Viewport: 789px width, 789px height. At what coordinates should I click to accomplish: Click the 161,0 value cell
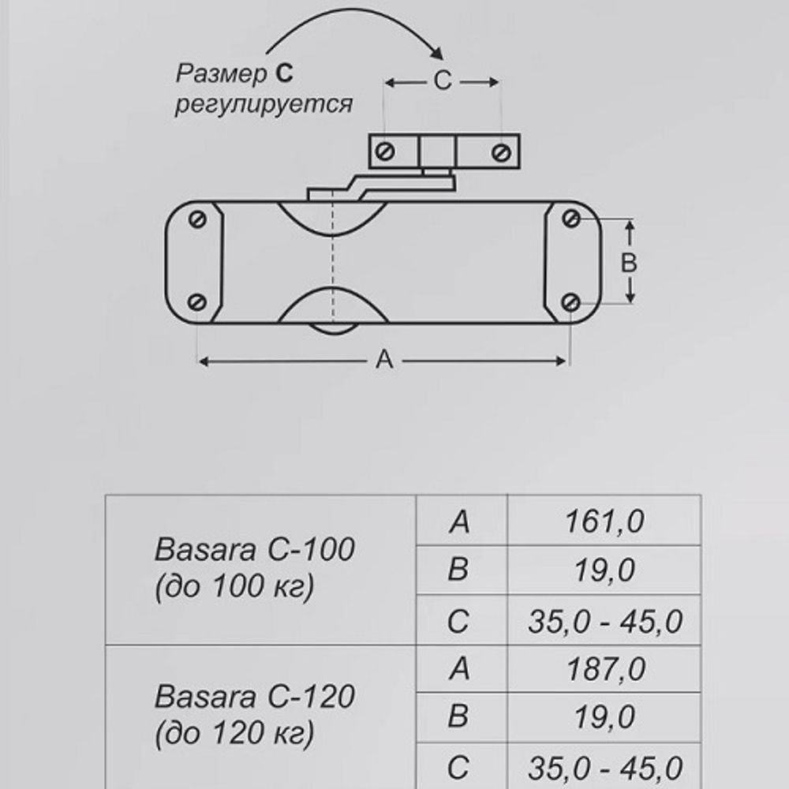[x=604, y=522]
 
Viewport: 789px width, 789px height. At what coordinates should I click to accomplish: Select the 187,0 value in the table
[x=604, y=670]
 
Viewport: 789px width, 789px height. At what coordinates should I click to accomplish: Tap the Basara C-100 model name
[x=255, y=550]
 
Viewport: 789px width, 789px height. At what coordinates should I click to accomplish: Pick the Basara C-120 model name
[x=255, y=697]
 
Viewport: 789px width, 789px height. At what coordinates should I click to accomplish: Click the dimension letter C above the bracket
[x=443, y=82]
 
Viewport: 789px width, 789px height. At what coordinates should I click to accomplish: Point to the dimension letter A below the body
[x=383, y=361]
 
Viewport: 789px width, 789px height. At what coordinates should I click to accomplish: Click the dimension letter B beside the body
[x=629, y=263]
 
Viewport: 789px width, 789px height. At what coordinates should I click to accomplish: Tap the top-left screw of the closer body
[x=198, y=219]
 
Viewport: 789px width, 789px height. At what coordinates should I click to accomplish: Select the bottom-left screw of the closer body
[x=198, y=302]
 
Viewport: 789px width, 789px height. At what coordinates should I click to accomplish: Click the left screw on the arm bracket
[x=386, y=151]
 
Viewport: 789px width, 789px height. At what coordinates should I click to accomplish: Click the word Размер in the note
[x=222, y=75]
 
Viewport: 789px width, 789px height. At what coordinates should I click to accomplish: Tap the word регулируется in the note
[x=264, y=104]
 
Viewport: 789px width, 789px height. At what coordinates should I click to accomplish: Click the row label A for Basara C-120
[x=458, y=670]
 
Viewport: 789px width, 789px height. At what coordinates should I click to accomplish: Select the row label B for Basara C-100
[x=458, y=570]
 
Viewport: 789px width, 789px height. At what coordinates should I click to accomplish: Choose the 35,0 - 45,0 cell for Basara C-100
[x=604, y=622]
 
